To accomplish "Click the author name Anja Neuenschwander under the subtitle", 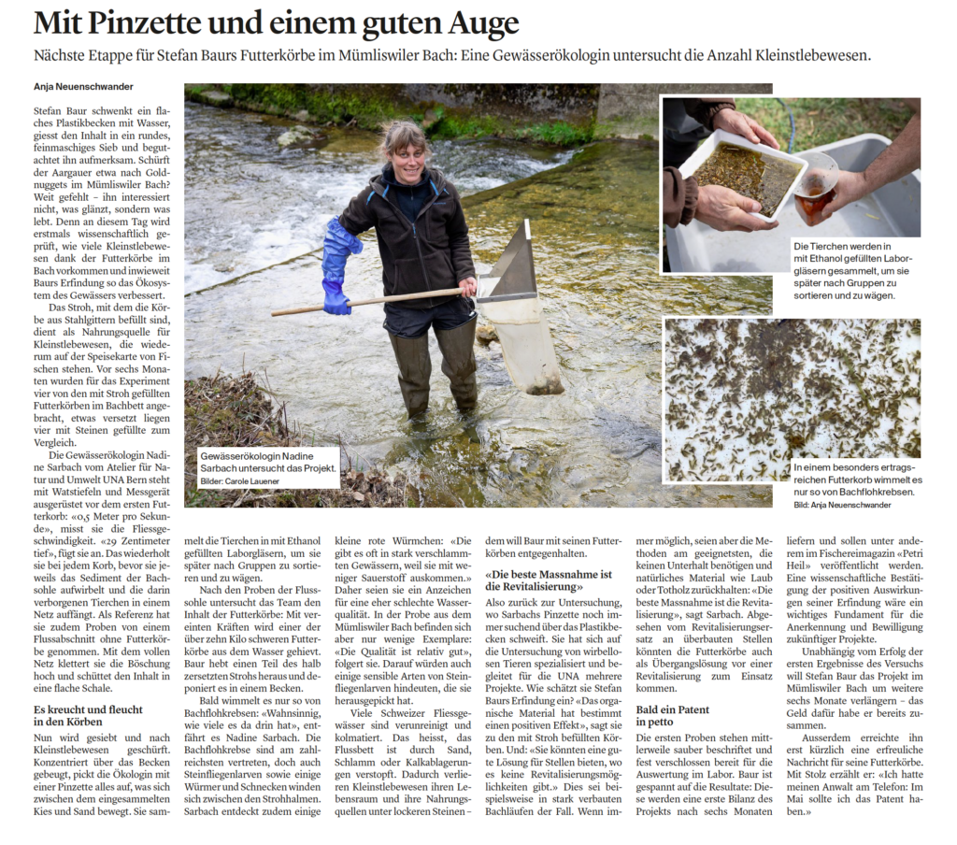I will point(83,87).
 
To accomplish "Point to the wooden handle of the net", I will point(374,302).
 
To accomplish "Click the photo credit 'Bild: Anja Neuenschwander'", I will point(841,505).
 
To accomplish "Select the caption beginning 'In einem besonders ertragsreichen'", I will point(855,478).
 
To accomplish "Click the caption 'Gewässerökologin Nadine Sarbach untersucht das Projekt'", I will point(268,463).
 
